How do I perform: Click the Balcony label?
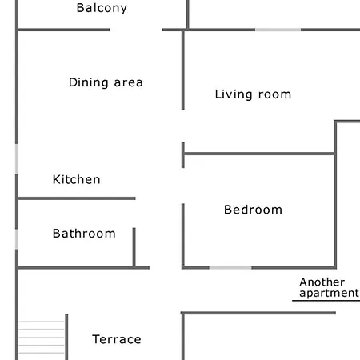pyautogui.click(x=102, y=8)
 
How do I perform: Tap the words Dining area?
pyautogui.click(x=106, y=82)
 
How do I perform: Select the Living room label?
pyautogui.click(x=253, y=94)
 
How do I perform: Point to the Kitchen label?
pyautogui.click(x=77, y=179)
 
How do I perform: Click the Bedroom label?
pyautogui.click(x=253, y=210)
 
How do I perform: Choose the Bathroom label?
pyautogui.click(x=84, y=234)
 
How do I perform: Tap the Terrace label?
pyautogui.click(x=117, y=339)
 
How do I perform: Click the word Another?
pyautogui.click(x=322, y=282)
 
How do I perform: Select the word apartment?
pyautogui.click(x=329, y=293)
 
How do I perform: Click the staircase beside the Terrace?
pyautogui.click(x=42, y=338)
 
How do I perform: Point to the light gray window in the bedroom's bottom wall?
pyautogui.click(x=230, y=268)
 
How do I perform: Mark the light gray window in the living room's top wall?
pyautogui.click(x=278, y=30)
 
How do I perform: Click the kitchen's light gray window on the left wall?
pyautogui.click(x=17, y=159)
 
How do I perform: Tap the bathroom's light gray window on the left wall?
pyautogui.click(x=17, y=239)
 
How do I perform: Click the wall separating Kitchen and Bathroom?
pyautogui.click(x=77, y=198)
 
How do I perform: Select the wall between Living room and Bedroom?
pyautogui.click(x=259, y=154)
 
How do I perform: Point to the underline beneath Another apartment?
pyautogui.click(x=326, y=301)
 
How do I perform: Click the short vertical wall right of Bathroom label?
pyautogui.click(x=134, y=247)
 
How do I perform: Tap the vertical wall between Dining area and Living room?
pyautogui.click(x=183, y=70)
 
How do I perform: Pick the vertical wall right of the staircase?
pyautogui.click(x=66, y=337)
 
